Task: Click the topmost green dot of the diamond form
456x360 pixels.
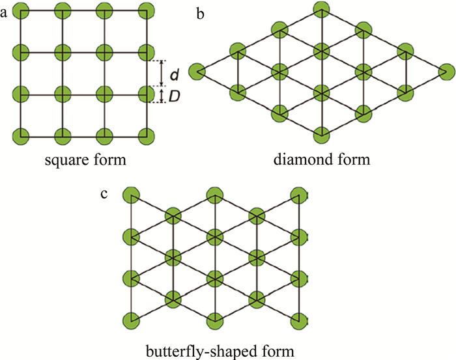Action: tap(321, 8)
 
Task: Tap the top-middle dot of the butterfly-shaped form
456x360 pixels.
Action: tap(214, 195)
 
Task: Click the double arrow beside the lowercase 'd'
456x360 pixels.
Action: tap(162, 74)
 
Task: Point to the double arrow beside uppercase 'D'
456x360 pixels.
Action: tap(162, 96)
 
